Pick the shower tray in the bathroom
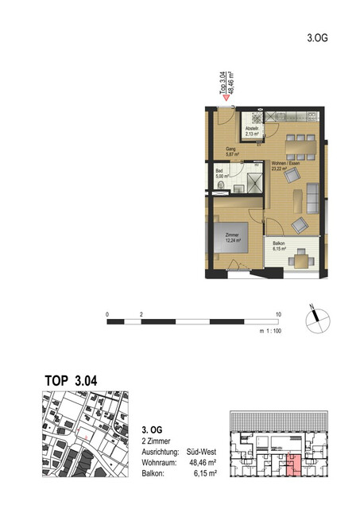point(252,181)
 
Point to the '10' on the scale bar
point(278,315)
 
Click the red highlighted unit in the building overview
point(293,464)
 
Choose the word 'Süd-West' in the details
point(205,449)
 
